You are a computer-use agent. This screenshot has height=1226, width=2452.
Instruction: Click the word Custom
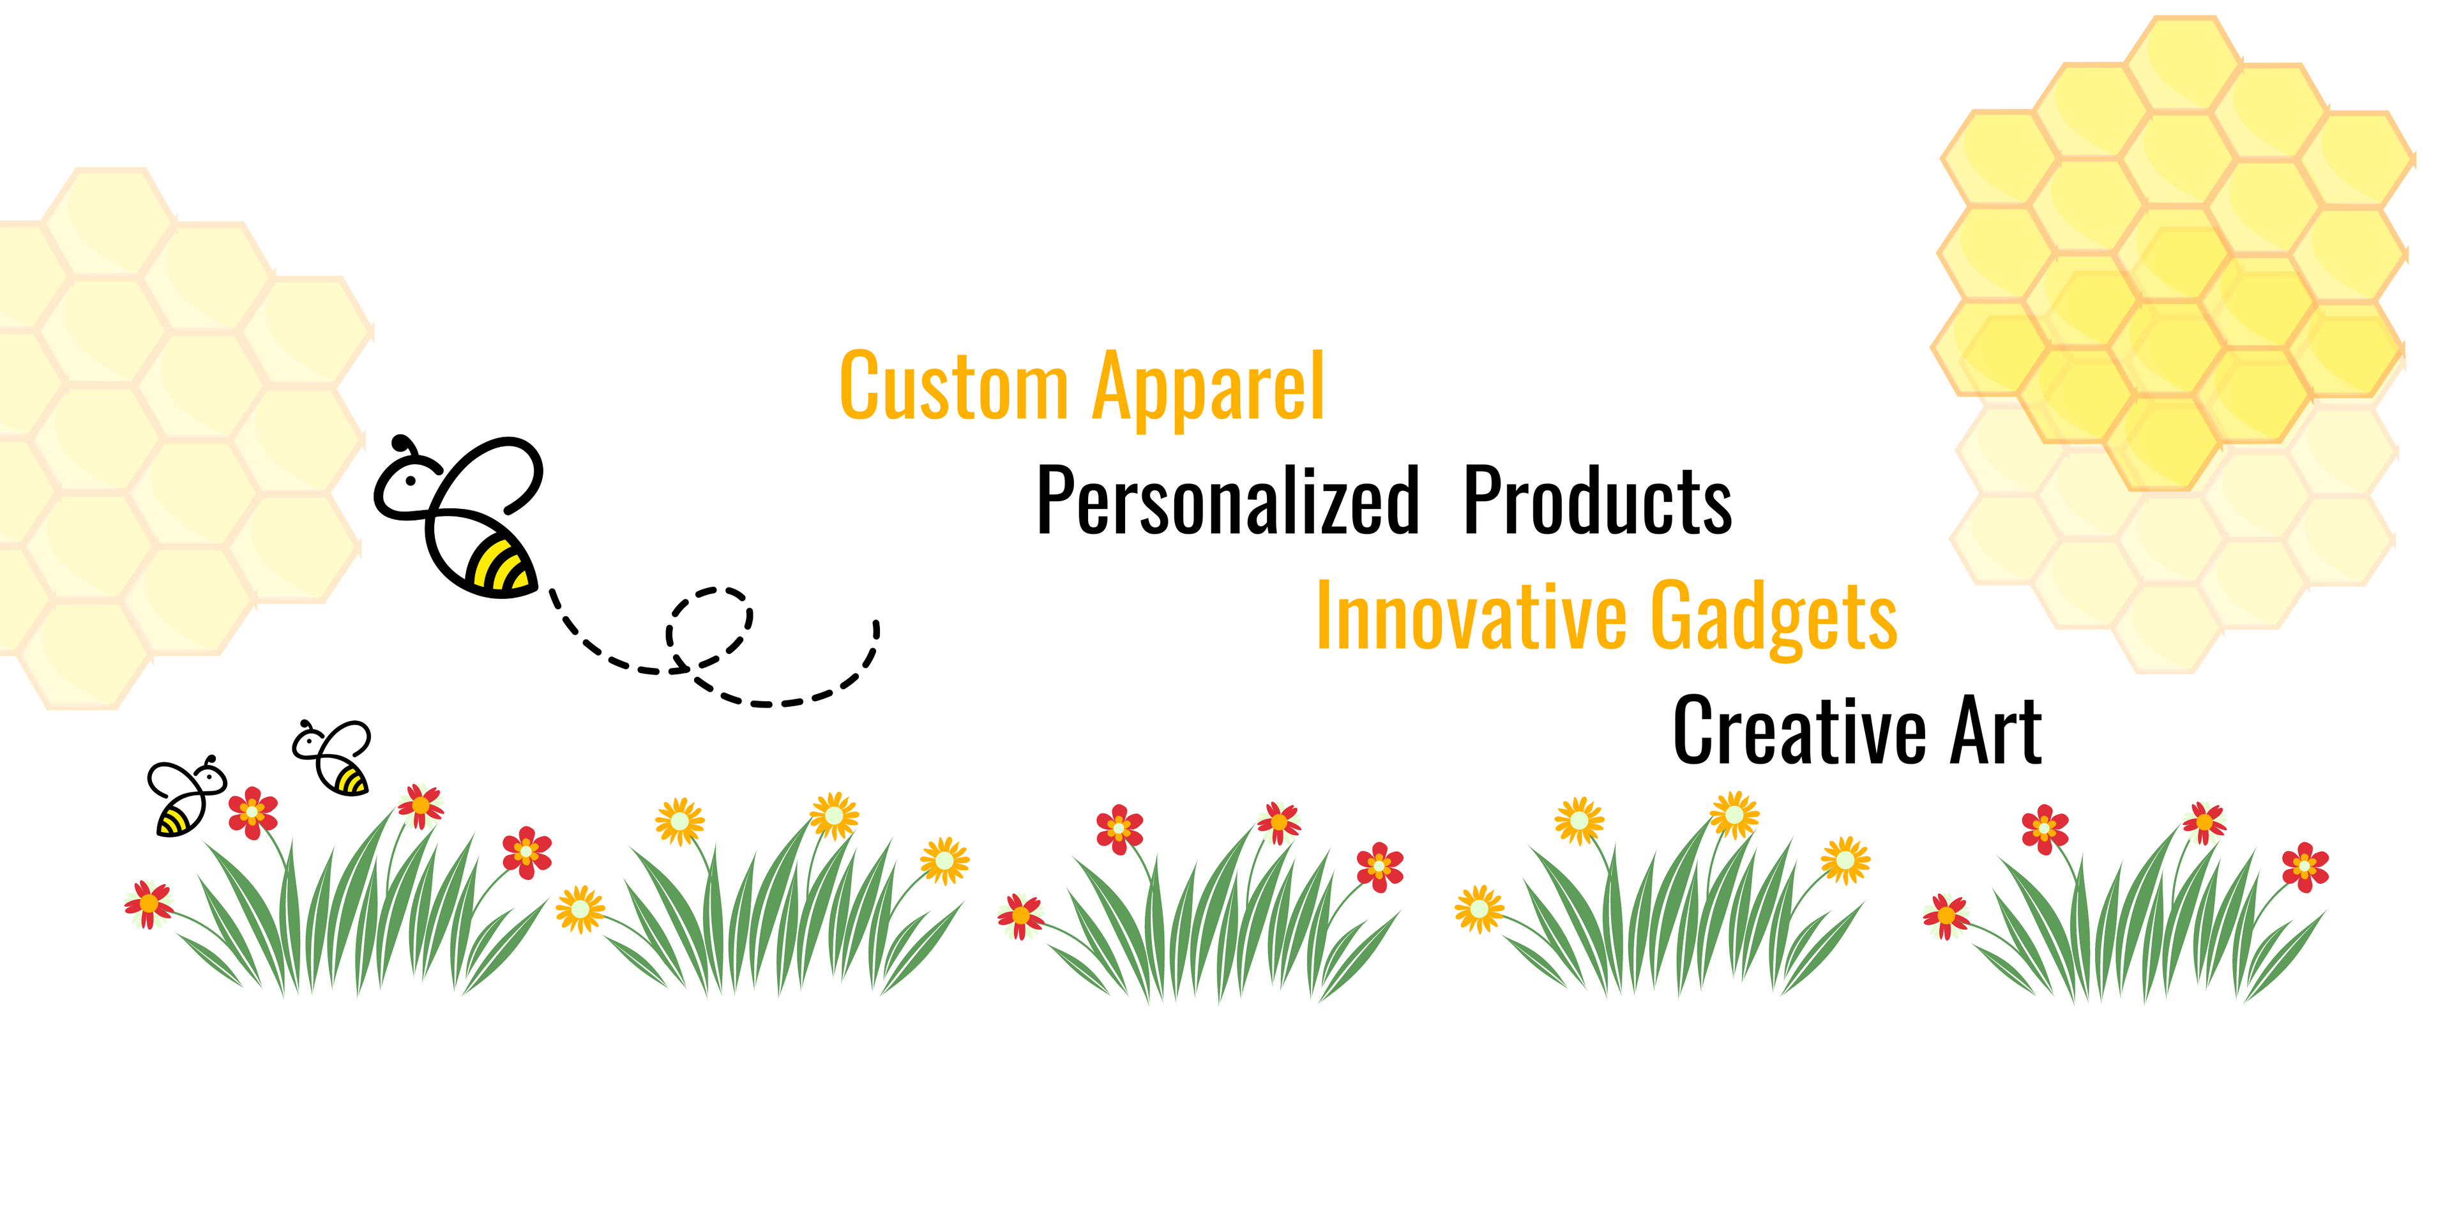tap(954, 386)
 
